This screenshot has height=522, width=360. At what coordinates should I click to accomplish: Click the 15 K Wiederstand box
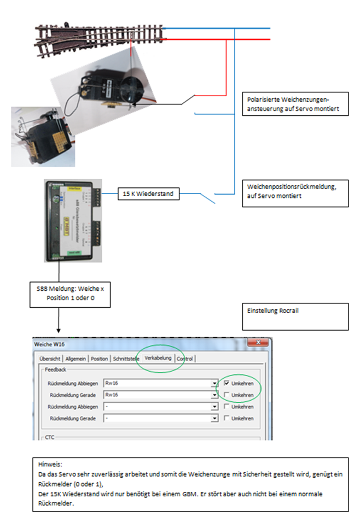point(148,193)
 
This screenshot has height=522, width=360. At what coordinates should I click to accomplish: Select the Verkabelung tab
point(158,358)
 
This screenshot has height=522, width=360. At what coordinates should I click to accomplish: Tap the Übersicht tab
point(50,359)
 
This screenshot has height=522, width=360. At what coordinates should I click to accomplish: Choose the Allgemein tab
point(76,359)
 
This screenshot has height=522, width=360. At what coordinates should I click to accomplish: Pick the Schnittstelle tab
point(125,359)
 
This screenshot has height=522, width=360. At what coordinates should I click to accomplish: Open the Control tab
point(185,359)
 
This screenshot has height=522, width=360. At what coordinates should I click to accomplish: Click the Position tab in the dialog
point(100,359)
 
